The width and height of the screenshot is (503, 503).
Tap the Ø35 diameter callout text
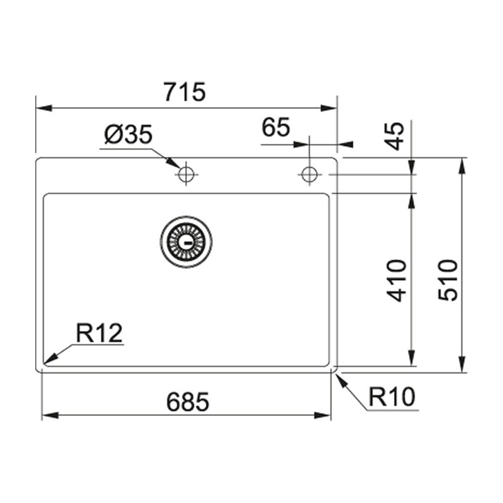[128, 135]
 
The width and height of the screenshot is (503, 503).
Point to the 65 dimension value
[276, 128]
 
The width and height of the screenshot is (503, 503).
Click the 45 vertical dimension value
[397, 136]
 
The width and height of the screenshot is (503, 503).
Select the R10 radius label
[392, 398]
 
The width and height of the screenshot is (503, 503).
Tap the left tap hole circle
[186, 175]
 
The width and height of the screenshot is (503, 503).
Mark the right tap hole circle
[309, 175]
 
